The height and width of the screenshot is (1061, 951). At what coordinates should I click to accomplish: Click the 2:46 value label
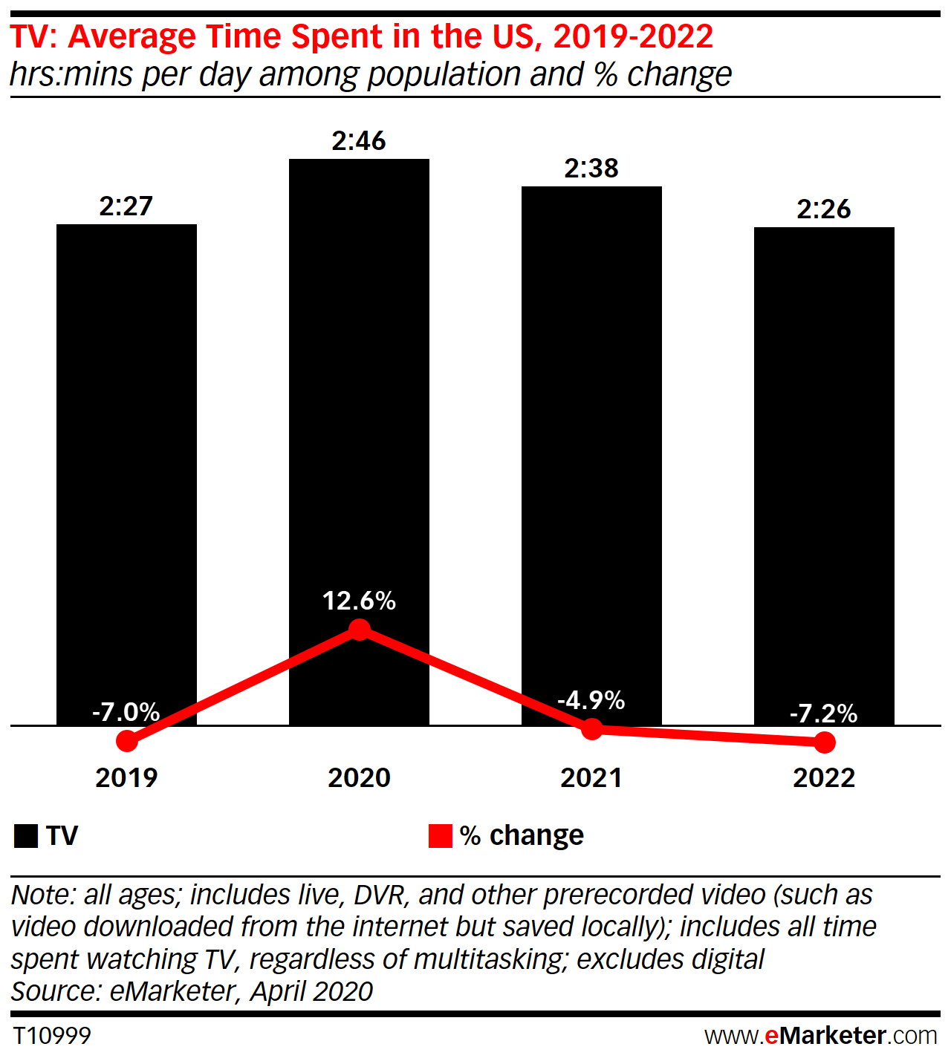pyautogui.click(x=359, y=141)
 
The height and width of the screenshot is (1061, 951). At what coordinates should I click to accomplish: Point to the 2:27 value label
pyautogui.click(x=126, y=206)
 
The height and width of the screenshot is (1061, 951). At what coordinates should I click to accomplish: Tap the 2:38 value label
pyautogui.click(x=591, y=169)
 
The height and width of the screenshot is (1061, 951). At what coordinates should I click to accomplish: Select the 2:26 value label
pyautogui.click(x=824, y=209)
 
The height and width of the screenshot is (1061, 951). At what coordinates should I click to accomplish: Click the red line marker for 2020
pyautogui.click(x=360, y=630)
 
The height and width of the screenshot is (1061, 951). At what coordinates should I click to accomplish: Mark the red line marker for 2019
pyautogui.click(x=127, y=741)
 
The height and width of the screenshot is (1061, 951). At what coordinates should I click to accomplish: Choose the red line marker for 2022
pyautogui.click(x=825, y=742)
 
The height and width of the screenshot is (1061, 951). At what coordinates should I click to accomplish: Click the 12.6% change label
pyautogui.click(x=359, y=601)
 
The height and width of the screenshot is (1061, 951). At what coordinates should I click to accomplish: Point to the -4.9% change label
pyautogui.click(x=591, y=700)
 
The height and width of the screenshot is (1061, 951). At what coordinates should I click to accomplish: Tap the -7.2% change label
pyautogui.click(x=823, y=714)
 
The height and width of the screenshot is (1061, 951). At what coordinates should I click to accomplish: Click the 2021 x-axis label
pyautogui.click(x=591, y=778)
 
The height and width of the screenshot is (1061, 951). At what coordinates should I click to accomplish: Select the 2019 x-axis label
pyautogui.click(x=126, y=778)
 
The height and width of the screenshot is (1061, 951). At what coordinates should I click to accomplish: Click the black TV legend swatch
pyautogui.click(x=26, y=836)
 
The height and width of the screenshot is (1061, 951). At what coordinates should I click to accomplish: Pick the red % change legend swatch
pyautogui.click(x=441, y=836)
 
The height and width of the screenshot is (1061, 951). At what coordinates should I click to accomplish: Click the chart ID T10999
pyautogui.click(x=52, y=1036)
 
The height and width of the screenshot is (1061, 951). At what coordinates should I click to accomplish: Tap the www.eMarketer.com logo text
pyautogui.click(x=821, y=1036)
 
